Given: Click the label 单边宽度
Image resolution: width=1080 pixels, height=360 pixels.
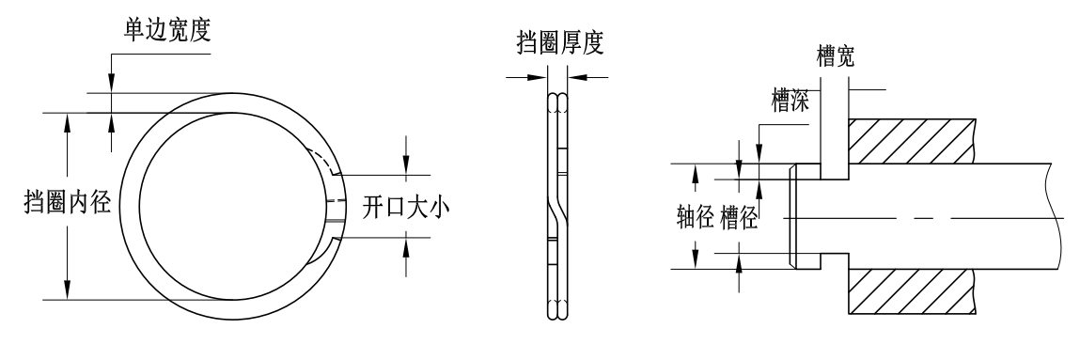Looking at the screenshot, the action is coord(161,31).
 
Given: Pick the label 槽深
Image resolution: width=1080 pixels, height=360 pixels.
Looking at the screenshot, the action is coord(789,101).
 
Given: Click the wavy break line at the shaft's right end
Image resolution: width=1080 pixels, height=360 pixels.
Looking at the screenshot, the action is coord(1057,216).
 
